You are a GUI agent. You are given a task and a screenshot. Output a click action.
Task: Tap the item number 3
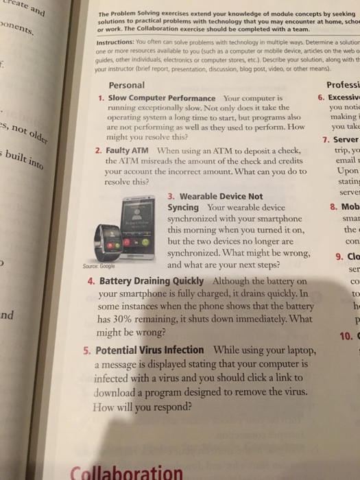(172, 195)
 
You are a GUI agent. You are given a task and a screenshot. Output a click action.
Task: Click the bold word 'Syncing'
(183, 206)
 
